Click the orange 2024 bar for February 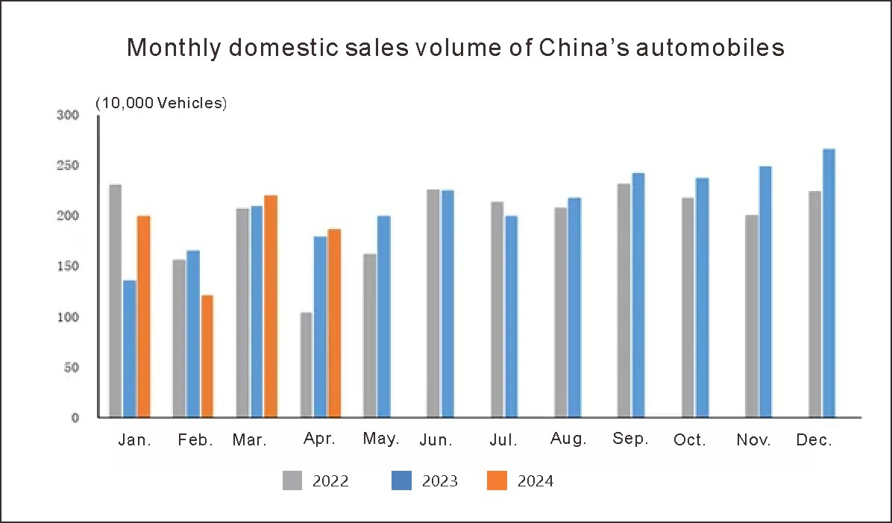tap(207, 356)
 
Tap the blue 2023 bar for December tap(829, 283)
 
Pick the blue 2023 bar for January tap(129, 348)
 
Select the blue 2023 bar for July tap(512, 316)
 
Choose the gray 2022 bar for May tap(370, 335)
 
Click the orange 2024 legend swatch tap(497, 480)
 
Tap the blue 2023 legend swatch tap(401, 480)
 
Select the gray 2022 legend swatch tap(292, 480)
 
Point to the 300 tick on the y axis tap(67, 115)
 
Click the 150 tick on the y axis tap(67, 266)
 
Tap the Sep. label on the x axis tap(630, 439)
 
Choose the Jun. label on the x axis tap(436, 440)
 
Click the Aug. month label tap(568, 439)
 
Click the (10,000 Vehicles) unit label tap(160, 104)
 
